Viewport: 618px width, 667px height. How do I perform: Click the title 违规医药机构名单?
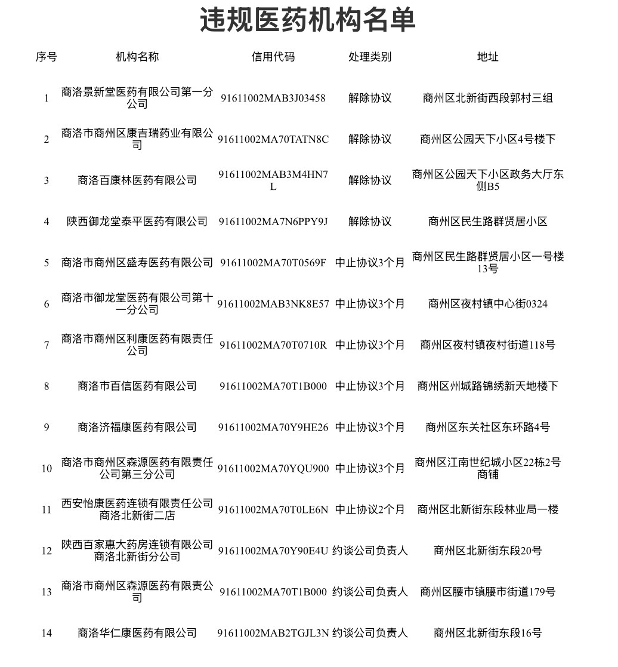(308, 21)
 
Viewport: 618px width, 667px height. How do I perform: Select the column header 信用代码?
(273, 57)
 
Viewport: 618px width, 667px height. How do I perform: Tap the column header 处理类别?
(370, 57)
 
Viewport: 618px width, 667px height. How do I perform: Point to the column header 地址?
(487, 57)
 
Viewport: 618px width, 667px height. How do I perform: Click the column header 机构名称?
(137, 57)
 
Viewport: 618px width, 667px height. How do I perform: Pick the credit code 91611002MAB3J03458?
(273, 98)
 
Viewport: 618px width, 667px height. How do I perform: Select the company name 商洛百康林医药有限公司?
(137, 180)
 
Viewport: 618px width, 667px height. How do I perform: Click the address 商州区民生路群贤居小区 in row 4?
(487, 222)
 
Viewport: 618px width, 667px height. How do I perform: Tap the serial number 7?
(47, 345)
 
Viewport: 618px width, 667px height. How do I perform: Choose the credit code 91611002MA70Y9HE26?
(273, 428)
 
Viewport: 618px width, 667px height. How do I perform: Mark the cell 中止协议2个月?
(370, 510)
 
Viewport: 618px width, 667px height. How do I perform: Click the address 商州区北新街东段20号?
(487, 551)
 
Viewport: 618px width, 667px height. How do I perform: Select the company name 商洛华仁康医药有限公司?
(137, 633)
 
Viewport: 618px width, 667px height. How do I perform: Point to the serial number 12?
(47, 551)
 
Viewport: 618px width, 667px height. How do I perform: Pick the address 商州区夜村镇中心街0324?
(487, 304)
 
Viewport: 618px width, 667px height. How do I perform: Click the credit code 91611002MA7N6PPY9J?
(273, 222)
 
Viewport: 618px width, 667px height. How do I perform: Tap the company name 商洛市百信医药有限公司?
(137, 386)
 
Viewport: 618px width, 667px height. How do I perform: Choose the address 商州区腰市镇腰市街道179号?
(487, 592)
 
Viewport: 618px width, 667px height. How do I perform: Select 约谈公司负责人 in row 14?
(370, 633)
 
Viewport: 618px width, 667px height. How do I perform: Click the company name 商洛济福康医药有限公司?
(137, 428)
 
